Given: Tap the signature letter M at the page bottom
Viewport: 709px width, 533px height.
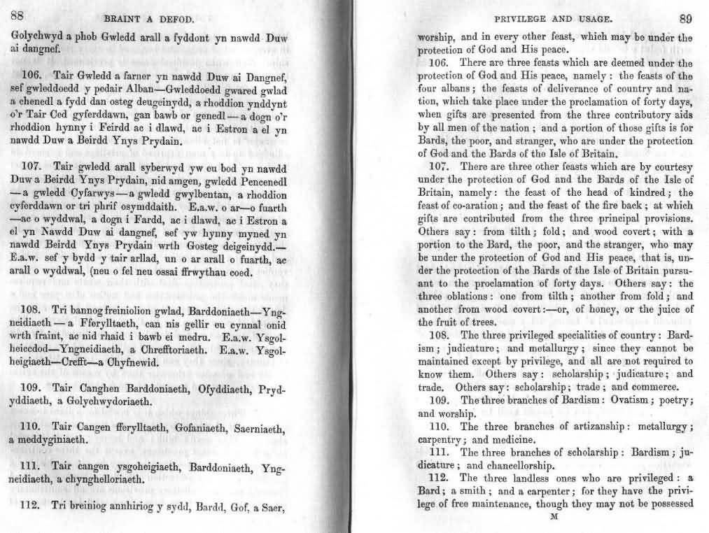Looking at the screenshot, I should pyautogui.click(x=554, y=518).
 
